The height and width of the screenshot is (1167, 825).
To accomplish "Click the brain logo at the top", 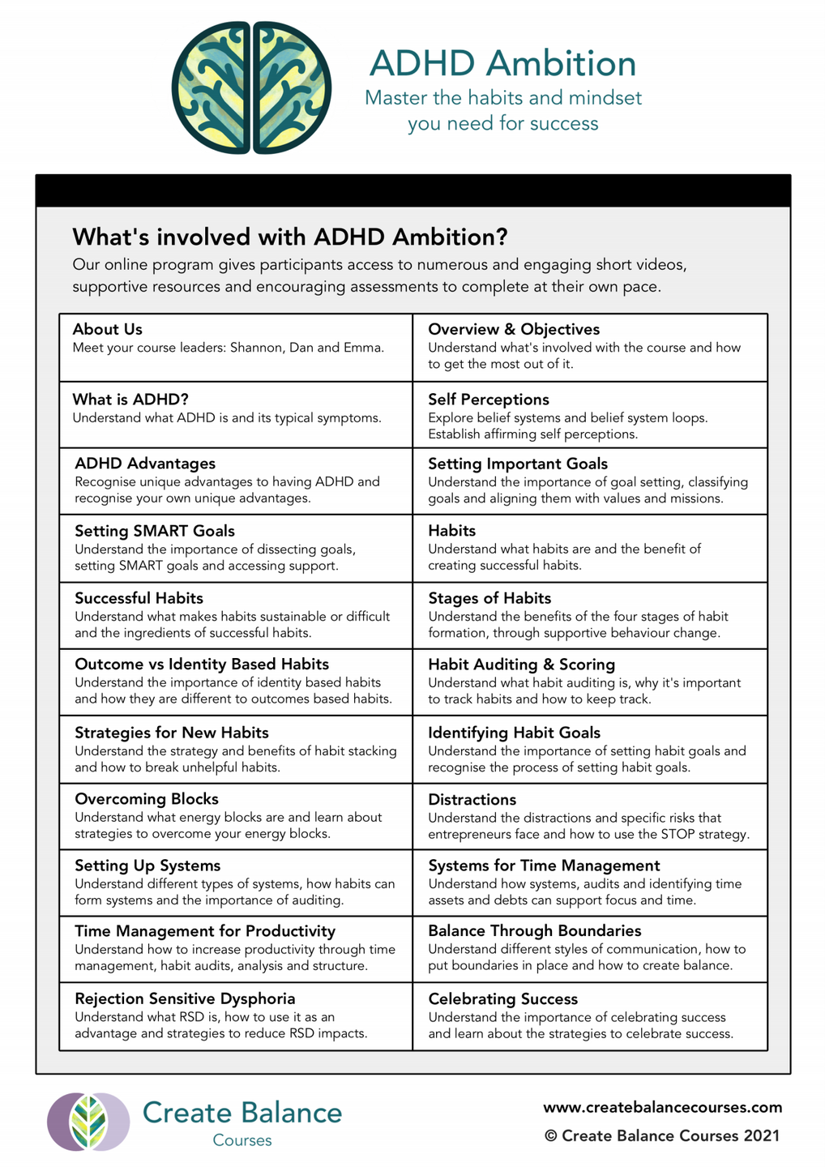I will point(251,88).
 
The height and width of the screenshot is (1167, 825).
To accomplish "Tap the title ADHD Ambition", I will point(502,63).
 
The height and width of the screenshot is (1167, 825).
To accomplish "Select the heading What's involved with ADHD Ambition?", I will point(289,237).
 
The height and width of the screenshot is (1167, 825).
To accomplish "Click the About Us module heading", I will point(107,329).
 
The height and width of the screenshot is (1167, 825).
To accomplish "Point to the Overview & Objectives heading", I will point(514,329).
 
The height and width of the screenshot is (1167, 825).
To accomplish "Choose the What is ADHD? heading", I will point(130,399).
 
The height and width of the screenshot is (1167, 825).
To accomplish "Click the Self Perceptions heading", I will point(488,399).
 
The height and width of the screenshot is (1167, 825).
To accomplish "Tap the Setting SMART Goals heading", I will point(154,531).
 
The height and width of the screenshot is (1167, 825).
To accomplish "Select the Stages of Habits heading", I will point(489,598).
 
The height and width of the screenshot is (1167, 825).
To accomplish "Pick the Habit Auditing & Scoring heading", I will point(521,665).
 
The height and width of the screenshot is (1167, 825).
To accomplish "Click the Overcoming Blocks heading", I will point(146,799).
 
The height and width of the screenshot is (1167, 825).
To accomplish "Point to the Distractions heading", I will point(472,800).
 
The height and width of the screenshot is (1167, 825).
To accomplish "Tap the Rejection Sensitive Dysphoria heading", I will point(185,998).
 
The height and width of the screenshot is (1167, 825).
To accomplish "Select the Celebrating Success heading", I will point(502,999).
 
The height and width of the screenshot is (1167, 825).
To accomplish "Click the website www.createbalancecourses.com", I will point(662,1107).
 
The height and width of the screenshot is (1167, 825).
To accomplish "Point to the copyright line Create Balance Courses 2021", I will point(662,1135).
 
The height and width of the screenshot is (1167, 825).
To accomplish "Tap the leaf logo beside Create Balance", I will point(88,1122).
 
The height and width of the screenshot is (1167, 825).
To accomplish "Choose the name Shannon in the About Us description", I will point(258,348).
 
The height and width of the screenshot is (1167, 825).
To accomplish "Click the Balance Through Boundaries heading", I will point(534,930).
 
